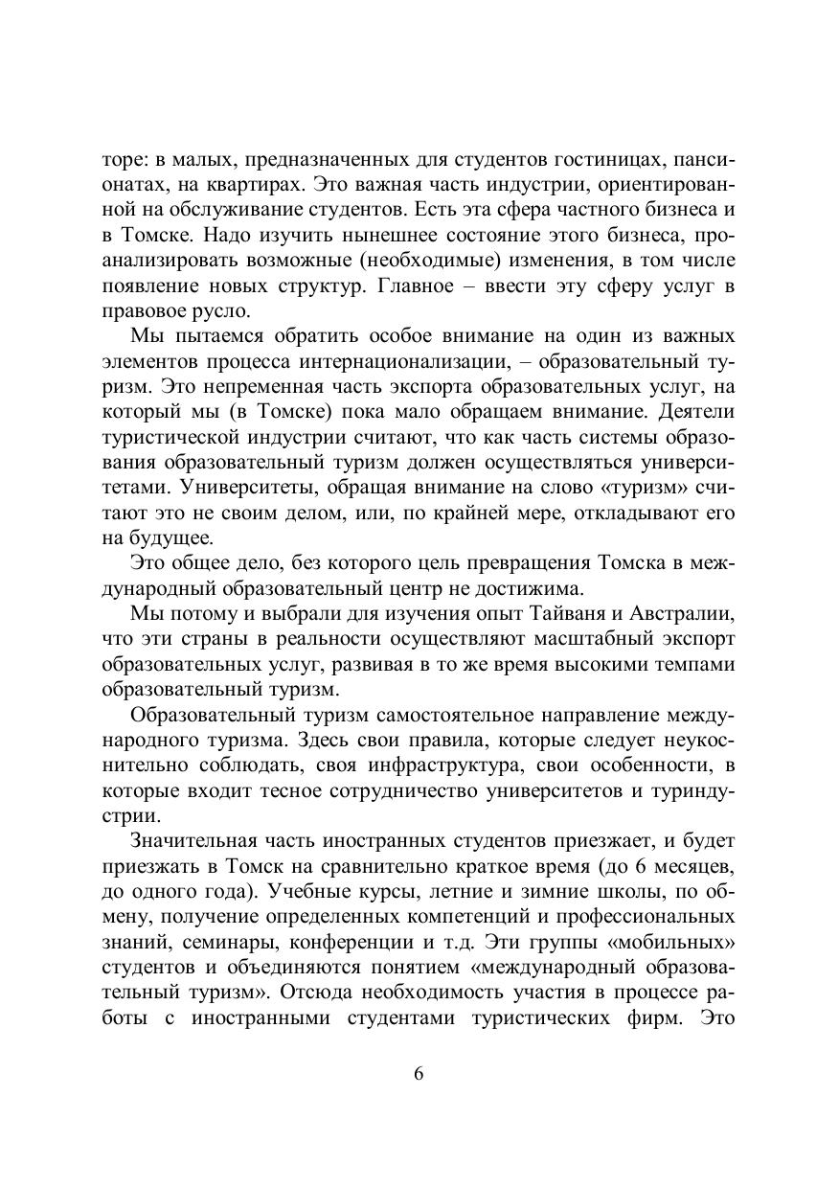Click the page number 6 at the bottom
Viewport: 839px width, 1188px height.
[419, 1073]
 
